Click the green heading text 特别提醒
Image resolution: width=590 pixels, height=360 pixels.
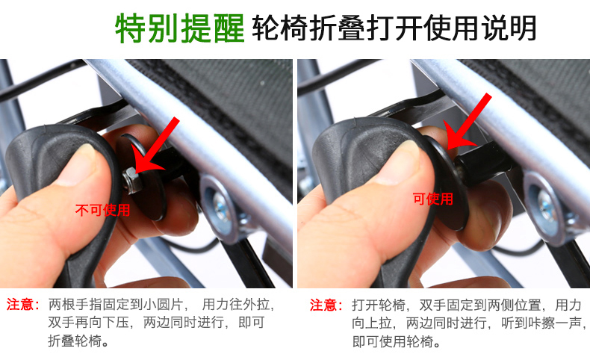tap(180, 28)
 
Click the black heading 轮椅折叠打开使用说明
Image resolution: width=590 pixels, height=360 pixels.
tap(394, 28)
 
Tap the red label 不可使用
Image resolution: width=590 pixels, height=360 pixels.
tap(103, 210)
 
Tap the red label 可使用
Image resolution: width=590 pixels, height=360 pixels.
tap(432, 199)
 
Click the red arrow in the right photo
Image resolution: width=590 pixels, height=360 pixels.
tap(467, 121)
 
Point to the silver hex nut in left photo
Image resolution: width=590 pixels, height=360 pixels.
tap(131, 180)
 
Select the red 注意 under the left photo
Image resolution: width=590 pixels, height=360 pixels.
tap(22, 304)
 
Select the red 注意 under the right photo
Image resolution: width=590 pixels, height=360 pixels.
tap(326, 305)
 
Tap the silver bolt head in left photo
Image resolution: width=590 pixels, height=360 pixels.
tap(220, 206)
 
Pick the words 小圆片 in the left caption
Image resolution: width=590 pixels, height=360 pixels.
tap(164, 304)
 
